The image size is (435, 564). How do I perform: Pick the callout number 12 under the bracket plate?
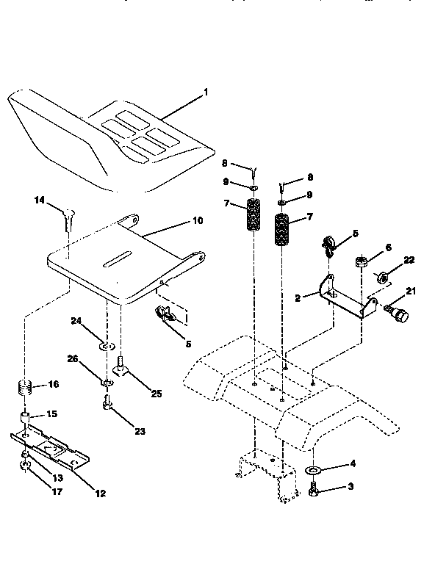[100, 493]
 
